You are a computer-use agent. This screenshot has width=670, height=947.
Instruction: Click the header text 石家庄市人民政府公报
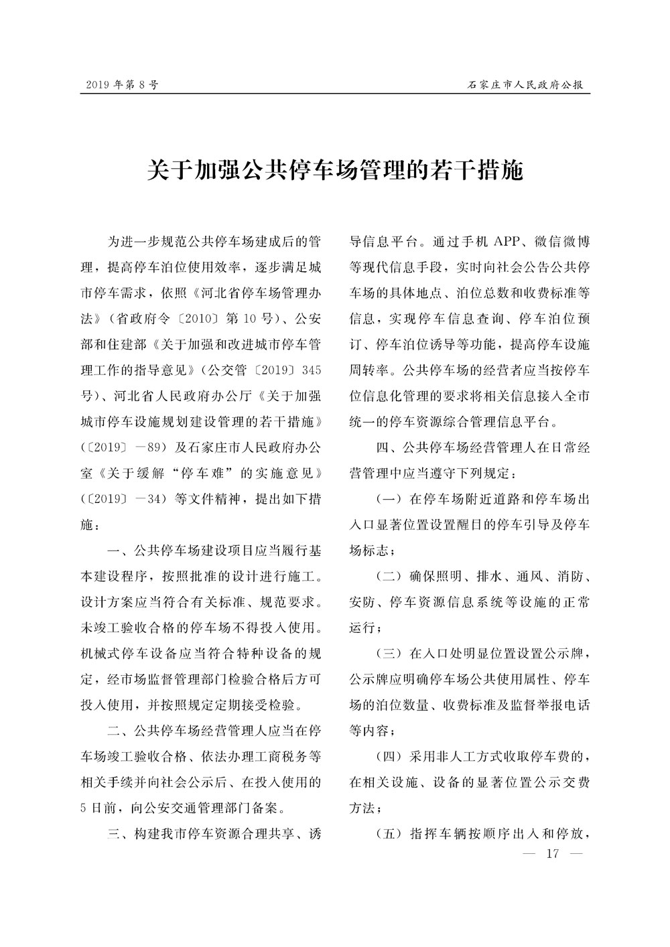(525, 85)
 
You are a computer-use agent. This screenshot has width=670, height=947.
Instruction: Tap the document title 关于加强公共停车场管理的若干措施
(334, 171)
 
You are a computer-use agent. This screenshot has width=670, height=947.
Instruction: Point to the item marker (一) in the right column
(388, 499)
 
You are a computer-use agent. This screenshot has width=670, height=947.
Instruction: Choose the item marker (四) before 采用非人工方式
(388, 757)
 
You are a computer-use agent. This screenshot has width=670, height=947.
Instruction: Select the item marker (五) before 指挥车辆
(388, 834)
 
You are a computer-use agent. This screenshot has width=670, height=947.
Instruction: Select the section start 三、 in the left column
(119, 834)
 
